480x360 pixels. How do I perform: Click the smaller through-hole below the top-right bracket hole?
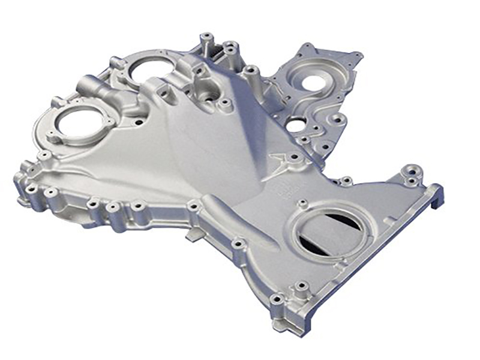pyautogui.click(x=295, y=125)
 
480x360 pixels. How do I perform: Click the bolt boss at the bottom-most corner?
pyautogui.click(x=277, y=299)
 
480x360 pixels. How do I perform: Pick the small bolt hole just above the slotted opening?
pyautogui.click(x=303, y=203)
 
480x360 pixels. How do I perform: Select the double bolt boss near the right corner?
pyautogui.click(x=412, y=173)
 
